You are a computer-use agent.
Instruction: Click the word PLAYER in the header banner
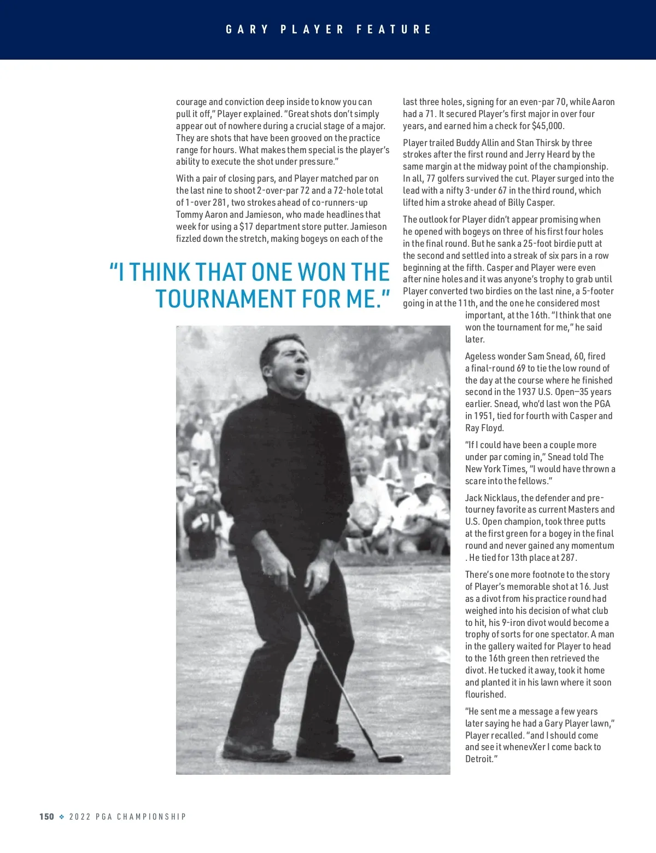coord(312,30)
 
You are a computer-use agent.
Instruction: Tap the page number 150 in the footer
coord(46,816)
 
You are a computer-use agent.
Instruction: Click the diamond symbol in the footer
coord(62,817)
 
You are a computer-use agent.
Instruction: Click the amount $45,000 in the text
coord(547,126)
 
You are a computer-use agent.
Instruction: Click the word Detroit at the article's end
coord(480,759)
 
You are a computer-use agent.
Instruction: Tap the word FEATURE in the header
coord(394,30)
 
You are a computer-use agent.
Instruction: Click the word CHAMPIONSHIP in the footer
coord(151,817)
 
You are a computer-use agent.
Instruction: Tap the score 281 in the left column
coord(219,202)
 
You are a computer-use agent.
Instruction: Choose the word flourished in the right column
coord(485,695)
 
